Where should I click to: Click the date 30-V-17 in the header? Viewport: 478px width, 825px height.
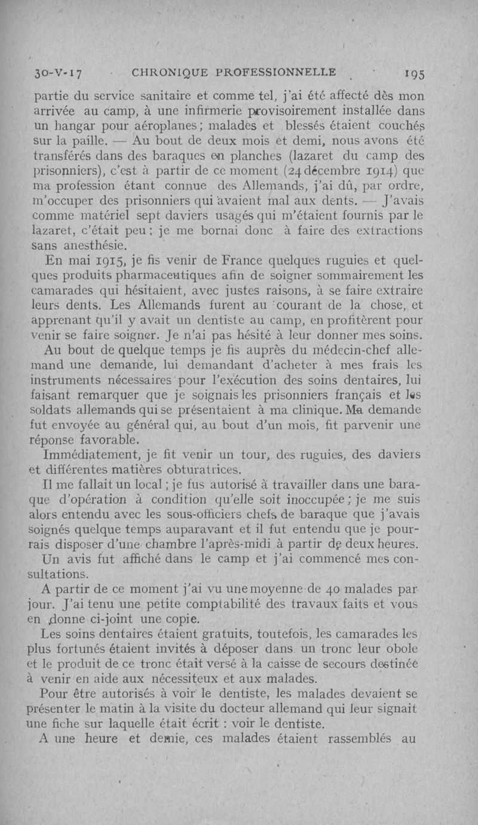58,73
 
